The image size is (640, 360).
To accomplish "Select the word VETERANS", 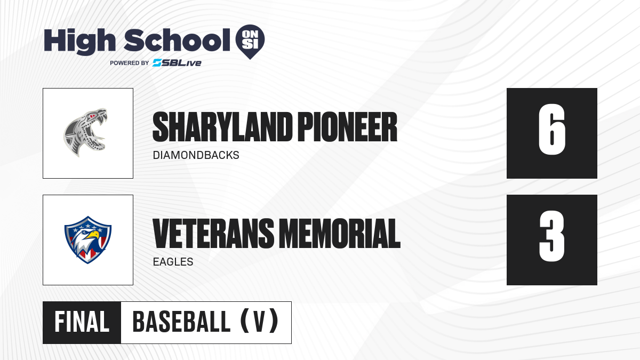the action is click(213, 233).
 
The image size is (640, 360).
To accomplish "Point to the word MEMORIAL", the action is click(340, 233).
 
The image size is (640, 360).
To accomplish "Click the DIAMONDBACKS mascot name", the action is click(196, 155).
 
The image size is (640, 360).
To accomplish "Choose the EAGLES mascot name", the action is click(173, 262).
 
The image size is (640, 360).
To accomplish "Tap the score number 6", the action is click(551, 130).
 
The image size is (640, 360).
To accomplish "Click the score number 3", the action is click(551, 236).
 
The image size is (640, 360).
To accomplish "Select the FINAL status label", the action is click(82, 322).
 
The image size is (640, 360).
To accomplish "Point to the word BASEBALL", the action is click(181, 322).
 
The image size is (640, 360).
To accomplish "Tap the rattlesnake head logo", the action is click(85, 133).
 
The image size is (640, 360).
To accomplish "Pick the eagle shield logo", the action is click(87, 239).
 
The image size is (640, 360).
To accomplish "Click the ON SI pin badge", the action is click(250, 42).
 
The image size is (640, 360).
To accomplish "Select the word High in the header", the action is click(79, 41).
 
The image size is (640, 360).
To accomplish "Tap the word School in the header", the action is click(177, 40).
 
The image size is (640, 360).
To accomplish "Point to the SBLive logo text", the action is click(177, 63).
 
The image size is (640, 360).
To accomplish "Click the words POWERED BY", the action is click(130, 63).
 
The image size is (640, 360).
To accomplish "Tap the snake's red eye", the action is click(92, 116).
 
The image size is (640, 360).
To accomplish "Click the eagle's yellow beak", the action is click(93, 235).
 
